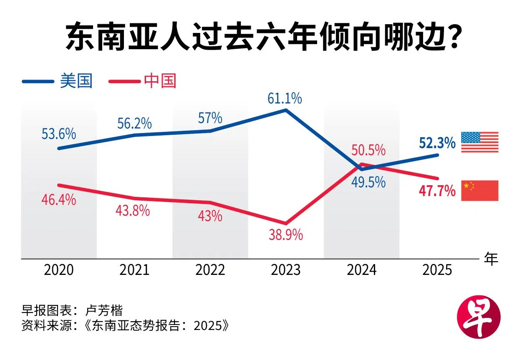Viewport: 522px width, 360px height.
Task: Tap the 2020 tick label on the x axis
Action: [x=59, y=270]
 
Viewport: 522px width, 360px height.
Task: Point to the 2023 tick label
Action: [x=286, y=270]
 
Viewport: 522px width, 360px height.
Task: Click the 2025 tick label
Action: [x=437, y=270]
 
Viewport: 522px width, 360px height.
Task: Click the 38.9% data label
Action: [x=286, y=236]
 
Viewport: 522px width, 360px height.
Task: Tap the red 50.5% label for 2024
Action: [x=368, y=150]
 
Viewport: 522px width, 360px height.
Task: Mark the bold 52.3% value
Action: [x=437, y=143]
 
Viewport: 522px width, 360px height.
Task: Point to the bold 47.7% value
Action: [x=437, y=191]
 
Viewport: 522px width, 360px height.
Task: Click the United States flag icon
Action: [x=479, y=142]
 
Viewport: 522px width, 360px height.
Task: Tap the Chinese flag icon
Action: [x=479, y=191]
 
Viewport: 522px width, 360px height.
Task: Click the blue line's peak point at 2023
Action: [x=286, y=110]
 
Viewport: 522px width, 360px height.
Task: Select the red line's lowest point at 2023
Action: [x=286, y=223]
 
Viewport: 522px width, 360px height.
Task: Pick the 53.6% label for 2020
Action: [x=59, y=134]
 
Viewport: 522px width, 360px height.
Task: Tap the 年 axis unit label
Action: [x=491, y=259]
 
